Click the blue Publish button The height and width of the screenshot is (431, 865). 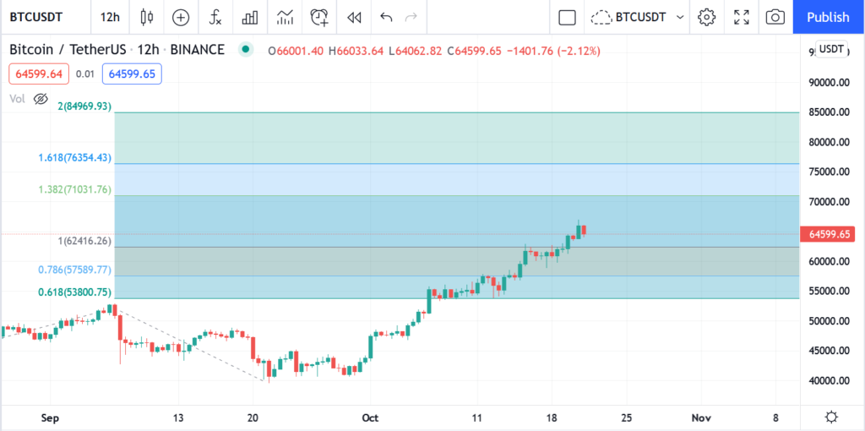point(828,17)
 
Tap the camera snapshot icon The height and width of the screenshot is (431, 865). point(775,17)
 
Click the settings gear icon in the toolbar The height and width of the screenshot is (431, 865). point(707,17)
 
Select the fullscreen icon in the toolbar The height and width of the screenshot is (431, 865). point(742,17)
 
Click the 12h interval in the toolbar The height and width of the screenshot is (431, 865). point(110,17)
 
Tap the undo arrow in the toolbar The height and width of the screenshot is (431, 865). point(387,17)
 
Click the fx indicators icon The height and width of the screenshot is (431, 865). point(215,17)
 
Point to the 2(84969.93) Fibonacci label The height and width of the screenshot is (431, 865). point(84,106)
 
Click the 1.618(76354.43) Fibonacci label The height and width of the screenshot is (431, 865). point(74,158)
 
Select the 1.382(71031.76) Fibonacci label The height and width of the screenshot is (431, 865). point(74,190)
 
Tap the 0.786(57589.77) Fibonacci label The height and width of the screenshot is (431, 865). point(74,270)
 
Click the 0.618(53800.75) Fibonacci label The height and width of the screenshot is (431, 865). point(74,292)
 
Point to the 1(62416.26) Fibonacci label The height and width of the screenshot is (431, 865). point(84,241)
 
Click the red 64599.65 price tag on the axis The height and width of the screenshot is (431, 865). point(831,234)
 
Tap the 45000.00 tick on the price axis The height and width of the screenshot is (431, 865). point(828,351)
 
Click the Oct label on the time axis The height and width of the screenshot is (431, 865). point(370,417)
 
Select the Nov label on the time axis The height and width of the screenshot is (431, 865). point(700,417)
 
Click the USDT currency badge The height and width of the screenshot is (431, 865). point(831,49)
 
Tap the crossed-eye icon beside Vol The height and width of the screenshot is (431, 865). point(41,99)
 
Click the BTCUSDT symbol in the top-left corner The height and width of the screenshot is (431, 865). point(35,17)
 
